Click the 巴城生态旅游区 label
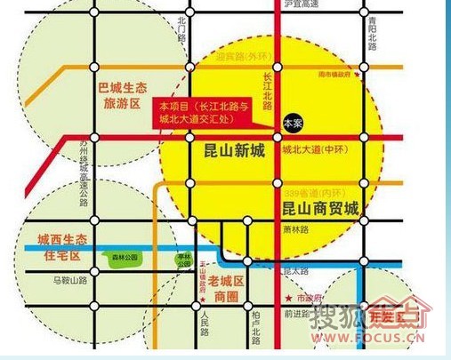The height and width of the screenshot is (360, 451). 120,95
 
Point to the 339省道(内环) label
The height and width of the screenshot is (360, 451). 313,192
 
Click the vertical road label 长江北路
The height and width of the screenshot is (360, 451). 268,89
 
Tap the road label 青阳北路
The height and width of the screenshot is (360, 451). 369,41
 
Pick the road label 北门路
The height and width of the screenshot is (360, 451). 182,30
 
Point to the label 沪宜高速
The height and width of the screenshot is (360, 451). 277,4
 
